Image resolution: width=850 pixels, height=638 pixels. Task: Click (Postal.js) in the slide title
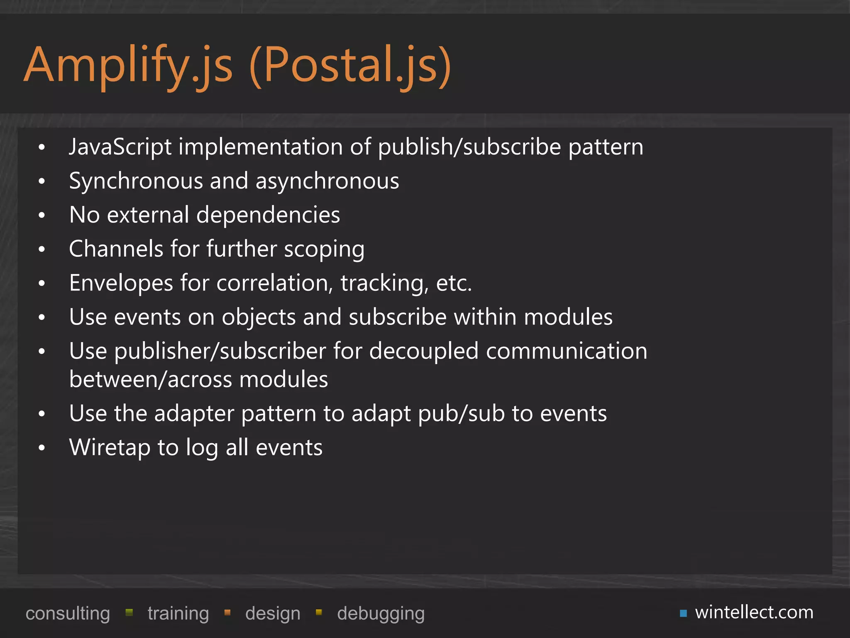click(350, 66)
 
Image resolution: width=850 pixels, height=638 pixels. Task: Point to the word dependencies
click(268, 215)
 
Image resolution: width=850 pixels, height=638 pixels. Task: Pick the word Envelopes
click(121, 283)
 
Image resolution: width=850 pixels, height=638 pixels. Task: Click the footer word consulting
click(68, 613)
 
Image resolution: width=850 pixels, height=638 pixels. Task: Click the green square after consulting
click(129, 612)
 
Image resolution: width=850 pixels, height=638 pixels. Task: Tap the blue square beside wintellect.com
click(683, 613)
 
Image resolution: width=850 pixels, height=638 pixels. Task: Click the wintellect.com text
click(754, 612)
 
